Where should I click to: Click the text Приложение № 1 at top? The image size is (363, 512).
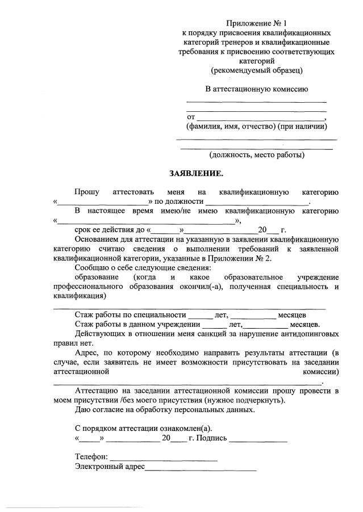click(257, 23)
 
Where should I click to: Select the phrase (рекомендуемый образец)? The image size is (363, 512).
click(257, 70)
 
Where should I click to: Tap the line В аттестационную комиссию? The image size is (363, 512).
click(257, 89)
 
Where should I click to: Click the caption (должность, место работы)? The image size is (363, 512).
click(257, 154)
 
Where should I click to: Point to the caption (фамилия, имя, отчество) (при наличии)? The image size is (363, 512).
click(257, 126)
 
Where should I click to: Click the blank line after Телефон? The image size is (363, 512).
click(163, 457)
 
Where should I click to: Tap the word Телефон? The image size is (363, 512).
click(91, 457)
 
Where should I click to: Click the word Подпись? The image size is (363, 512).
click(212, 438)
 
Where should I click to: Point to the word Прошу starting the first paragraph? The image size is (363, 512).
click(86, 192)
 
